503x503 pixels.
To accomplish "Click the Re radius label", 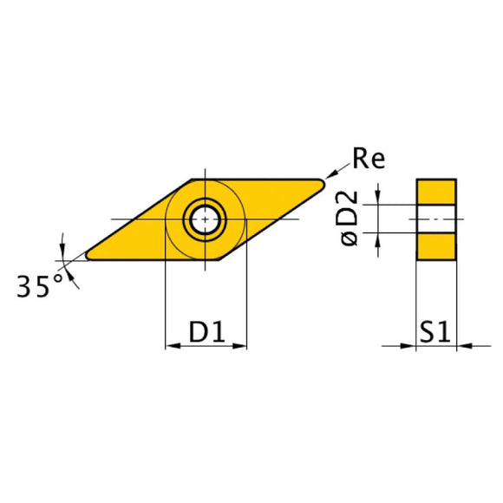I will coord(368,158).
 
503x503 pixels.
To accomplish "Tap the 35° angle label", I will coord(42,285).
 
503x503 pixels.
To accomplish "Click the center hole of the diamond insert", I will coord(206,219).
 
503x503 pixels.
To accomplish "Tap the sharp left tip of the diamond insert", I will coord(88,258).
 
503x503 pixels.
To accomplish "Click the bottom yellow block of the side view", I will coord(436,247).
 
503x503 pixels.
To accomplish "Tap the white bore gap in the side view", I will coord(436,219).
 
